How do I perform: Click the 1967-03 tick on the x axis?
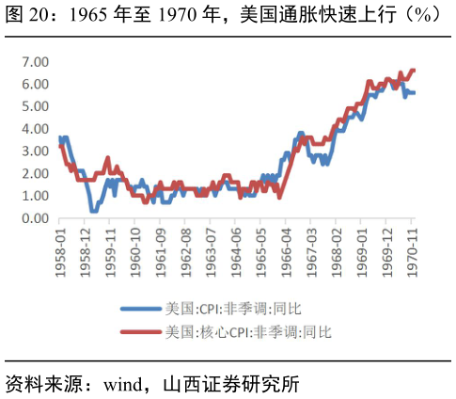point(312,247)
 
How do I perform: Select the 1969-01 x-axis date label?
point(363,247)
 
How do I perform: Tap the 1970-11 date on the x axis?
point(412,247)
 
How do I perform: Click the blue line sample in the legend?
point(141,309)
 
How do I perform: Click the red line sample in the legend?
point(141,331)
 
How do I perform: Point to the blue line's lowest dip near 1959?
point(93,211)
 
